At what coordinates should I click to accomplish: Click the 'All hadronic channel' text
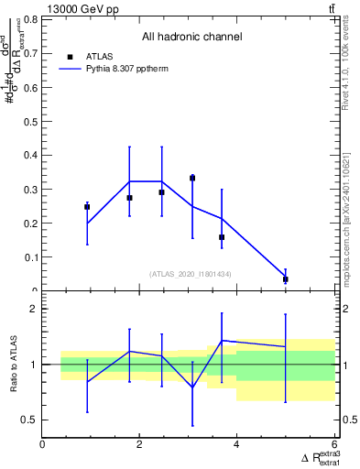(x=191, y=37)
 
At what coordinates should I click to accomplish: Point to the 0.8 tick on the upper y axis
(x=33, y=18)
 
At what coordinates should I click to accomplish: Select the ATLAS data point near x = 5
(x=286, y=279)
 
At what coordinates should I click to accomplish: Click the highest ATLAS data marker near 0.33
(x=192, y=178)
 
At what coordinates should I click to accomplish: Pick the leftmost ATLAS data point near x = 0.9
(x=87, y=207)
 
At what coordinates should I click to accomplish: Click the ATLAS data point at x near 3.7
(x=222, y=237)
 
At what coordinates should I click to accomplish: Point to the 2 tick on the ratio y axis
(x=34, y=310)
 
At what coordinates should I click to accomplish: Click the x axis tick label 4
(x=237, y=443)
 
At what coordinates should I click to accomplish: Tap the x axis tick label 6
(x=334, y=443)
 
